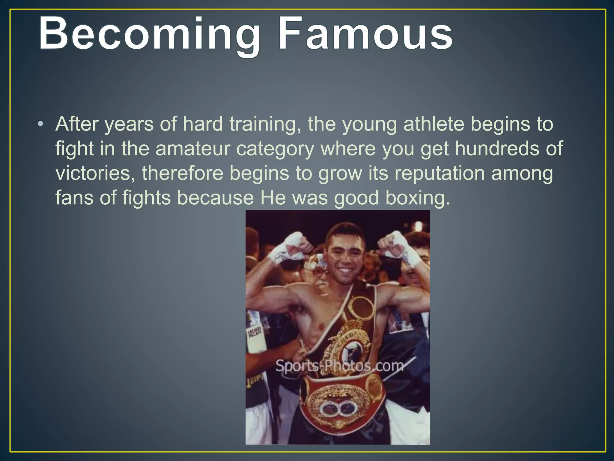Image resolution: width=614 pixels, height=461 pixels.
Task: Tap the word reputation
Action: point(440,173)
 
